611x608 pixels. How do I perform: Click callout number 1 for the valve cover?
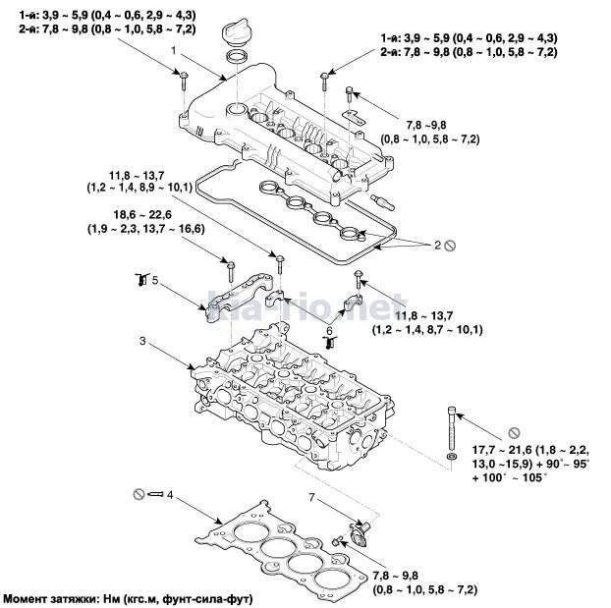pos(173,48)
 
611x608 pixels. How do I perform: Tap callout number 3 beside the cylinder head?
pos(142,342)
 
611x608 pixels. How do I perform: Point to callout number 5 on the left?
pos(154,280)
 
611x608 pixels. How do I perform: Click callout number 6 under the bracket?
pos(329,330)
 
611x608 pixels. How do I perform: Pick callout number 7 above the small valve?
pos(312,498)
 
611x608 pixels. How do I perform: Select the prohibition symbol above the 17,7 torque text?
pos(512,432)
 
